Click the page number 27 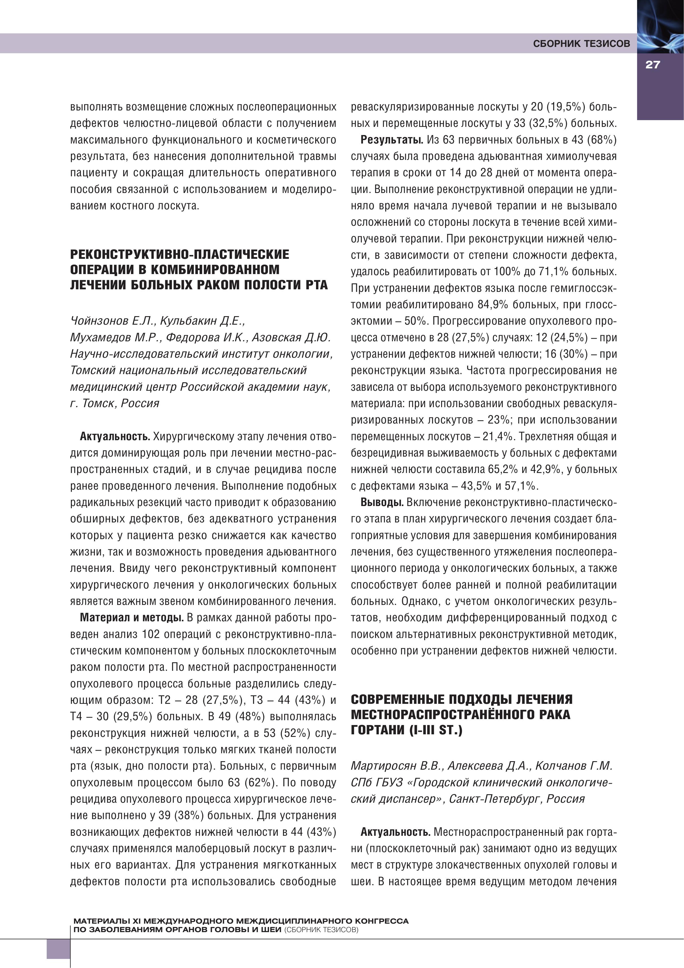pos(652,65)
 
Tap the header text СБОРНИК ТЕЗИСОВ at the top pos(581,44)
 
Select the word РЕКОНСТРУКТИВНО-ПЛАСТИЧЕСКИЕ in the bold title pos(180,254)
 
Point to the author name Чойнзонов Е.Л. pos(113,321)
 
